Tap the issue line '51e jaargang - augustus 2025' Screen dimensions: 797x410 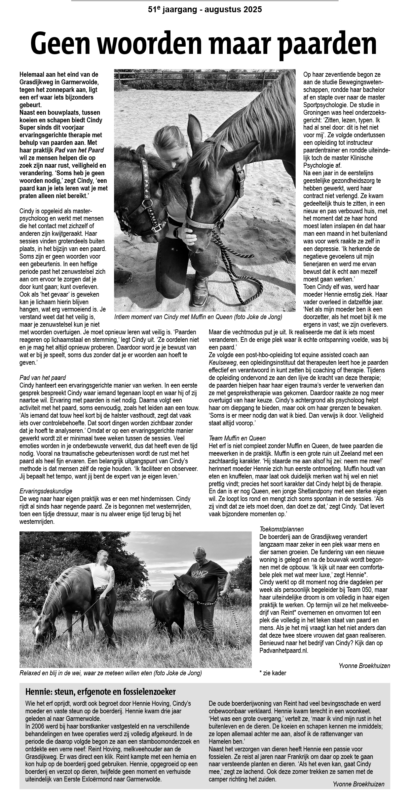205,10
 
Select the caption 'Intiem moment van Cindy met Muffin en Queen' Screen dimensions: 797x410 198,317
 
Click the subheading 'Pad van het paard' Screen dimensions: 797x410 43,378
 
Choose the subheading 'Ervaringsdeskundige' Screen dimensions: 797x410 46,491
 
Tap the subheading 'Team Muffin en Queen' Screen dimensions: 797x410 237,438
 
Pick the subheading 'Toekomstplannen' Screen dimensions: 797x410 281,529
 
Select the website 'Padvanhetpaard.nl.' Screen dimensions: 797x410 284,650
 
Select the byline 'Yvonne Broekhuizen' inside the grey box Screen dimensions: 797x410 358,784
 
